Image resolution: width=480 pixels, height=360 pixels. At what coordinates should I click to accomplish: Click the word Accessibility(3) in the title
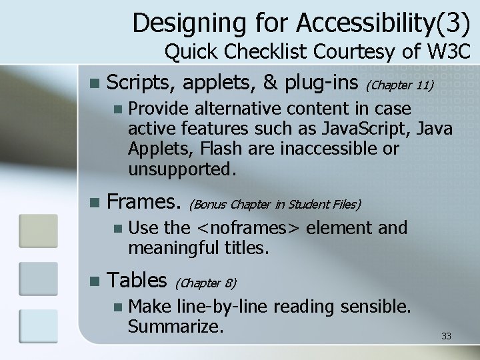(x=384, y=23)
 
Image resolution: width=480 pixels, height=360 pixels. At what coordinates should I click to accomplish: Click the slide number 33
(x=446, y=336)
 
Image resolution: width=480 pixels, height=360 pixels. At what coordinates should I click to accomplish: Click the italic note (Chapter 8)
(x=207, y=283)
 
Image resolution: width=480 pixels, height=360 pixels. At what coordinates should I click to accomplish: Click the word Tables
(x=136, y=279)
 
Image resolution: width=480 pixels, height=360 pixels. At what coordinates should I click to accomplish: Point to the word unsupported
(x=181, y=168)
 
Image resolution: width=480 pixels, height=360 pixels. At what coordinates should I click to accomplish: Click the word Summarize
(x=175, y=327)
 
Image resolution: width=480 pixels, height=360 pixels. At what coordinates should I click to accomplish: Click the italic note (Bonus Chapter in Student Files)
(x=276, y=203)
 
